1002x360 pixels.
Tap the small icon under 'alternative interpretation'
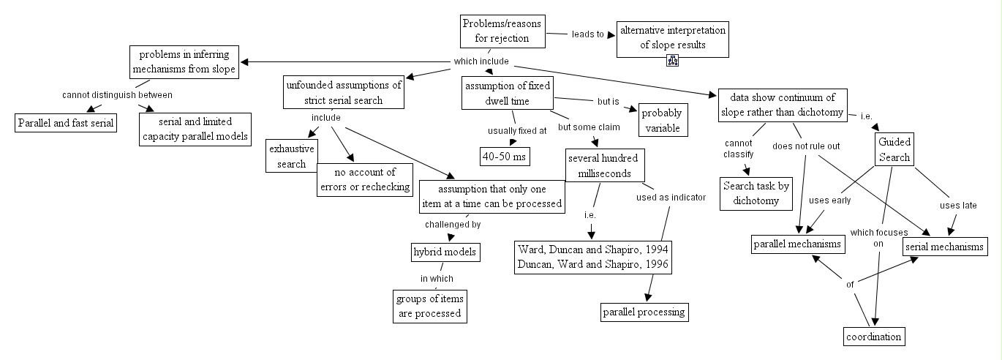click(672, 61)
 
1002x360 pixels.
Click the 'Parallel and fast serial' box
click(66, 122)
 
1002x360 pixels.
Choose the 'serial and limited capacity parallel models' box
click(195, 129)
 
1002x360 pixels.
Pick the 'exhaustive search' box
click(287, 156)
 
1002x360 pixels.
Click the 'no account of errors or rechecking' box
click(364, 180)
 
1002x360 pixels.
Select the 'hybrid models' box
click(445, 252)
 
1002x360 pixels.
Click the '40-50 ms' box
click(505, 156)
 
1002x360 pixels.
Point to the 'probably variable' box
click(663, 120)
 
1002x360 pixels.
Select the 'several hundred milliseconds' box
click(603, 165)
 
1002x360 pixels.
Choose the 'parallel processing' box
click(644, 312)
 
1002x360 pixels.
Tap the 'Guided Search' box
click(893, 149)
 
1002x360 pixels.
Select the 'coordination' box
click(873, 337)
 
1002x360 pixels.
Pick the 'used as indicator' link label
click(670, 198)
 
